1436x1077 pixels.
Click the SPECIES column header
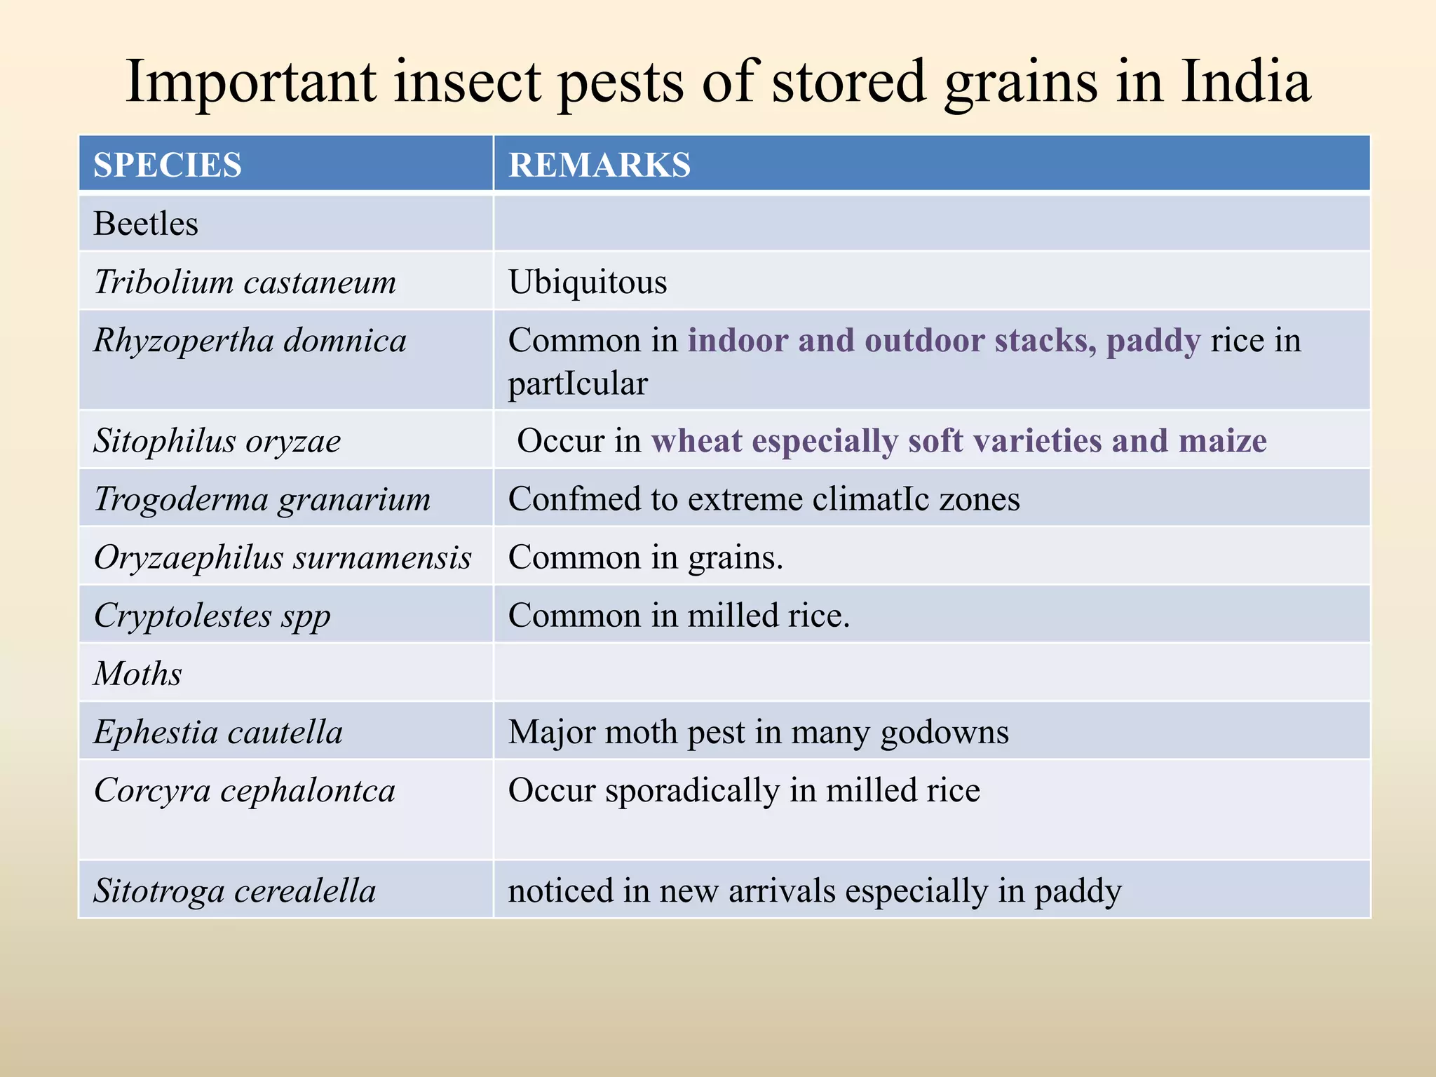click(x=168, y=165)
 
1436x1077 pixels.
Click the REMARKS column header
click(x=600, y=165)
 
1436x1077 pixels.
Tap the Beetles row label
click(x=146, y=224)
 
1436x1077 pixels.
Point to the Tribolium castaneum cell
click(x=245, y=283)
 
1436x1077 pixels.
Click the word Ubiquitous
click(x=588, y=283)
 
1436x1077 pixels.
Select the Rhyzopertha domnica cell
click(x=250, y=341)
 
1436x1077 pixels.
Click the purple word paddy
click(x=1153, y=341)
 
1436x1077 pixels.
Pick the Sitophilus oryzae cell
click(x=217, y=442)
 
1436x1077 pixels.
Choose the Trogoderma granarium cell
click(x=262, y=500)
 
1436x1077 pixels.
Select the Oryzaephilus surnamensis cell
click(x=283, y=558)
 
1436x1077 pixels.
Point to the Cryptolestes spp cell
click(x=212, y=616)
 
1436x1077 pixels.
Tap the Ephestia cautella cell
click(x=218, y=733)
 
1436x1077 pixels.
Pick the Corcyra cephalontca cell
click(x=245, y=791)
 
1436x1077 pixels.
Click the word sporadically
click(x=692, y=791)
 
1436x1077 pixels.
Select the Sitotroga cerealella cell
click(x=235, y=891)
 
